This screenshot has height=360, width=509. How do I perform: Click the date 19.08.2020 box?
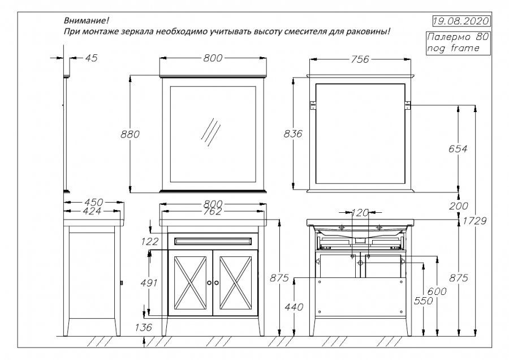459,22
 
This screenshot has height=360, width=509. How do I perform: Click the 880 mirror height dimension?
130,134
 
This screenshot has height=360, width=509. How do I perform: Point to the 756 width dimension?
361,59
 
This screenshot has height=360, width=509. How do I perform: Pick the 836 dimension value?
292,134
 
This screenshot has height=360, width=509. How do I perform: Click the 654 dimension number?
458,149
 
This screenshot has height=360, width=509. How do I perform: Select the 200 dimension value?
458,206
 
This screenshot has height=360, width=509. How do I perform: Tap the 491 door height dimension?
149,283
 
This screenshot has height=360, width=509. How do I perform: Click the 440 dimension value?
295,307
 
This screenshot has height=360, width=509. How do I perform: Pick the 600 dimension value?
438,291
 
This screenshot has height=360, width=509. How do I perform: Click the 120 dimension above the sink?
360,213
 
